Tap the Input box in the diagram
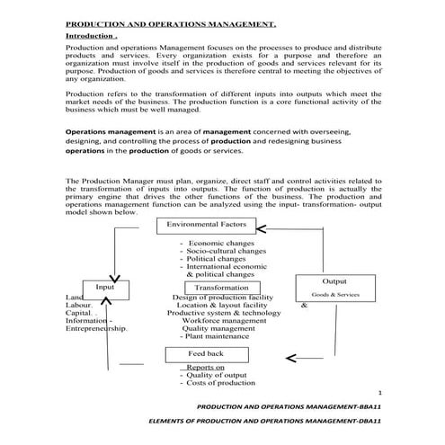point(106,288)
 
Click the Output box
point(334,281)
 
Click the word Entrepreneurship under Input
point(97,328)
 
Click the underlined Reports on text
point(205,367)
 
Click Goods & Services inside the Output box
point(334,294)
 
